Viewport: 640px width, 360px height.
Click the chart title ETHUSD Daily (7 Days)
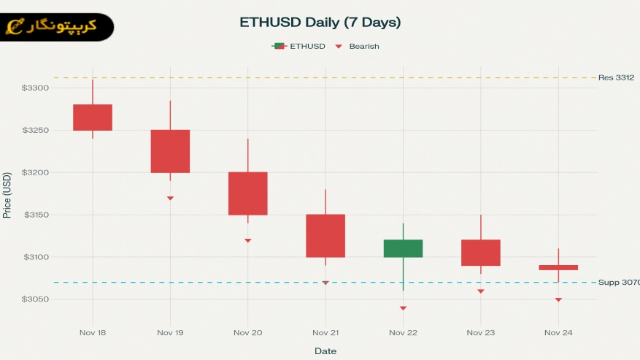tap(320, 23)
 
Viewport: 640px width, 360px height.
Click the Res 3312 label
tap(616, 77)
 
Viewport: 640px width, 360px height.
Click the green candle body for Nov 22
tap(403, 248)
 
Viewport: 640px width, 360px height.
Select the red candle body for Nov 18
tap(93, 118)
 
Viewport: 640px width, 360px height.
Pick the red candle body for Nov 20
tap(248, 194)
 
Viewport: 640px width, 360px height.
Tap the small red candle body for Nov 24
tap(558, 268)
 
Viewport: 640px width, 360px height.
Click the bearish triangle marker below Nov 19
tap(170, 198)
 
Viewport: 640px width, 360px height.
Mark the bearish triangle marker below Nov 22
tap(403, 308)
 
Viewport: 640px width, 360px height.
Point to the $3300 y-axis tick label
tap(35, 88)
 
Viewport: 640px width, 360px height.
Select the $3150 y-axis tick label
tap(35, 215)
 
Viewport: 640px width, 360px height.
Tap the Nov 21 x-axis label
tap(325, 333)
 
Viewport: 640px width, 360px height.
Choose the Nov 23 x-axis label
tap(480, 333)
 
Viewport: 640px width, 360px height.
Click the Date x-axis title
tap(325, 351)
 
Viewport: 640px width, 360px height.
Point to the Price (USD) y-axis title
tap(7, 195)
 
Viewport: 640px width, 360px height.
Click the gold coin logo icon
tap(14, 28)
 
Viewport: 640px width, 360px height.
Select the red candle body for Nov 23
tap(481, 253)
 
